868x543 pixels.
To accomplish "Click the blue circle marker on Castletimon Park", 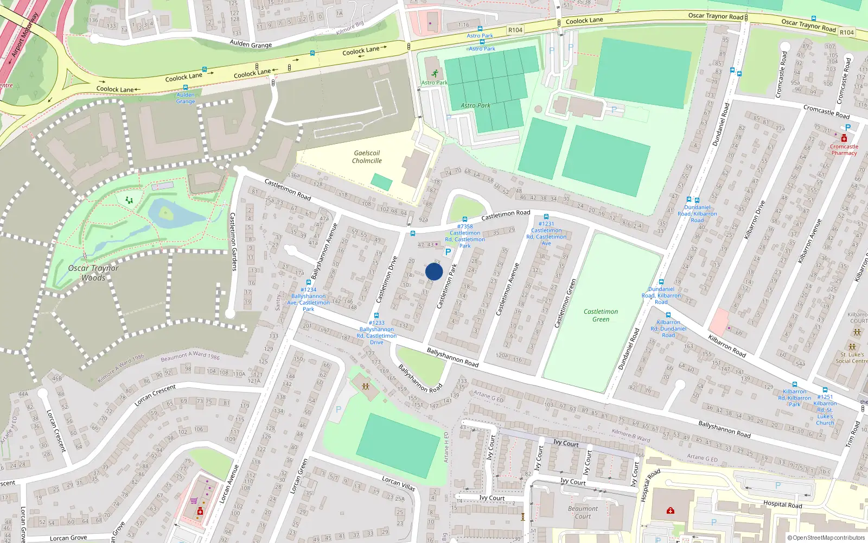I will [x=434, y=271].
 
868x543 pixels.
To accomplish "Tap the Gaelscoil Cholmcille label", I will [x=367, y=157].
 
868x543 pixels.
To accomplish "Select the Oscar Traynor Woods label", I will [x=93, y=273].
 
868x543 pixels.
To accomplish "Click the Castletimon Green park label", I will [x=601, y=315].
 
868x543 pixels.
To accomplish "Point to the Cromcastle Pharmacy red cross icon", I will [x=844, y=138].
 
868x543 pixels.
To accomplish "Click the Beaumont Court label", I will [x=583, y=513].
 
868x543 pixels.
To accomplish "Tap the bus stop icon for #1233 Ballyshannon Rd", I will [x=376, y=315].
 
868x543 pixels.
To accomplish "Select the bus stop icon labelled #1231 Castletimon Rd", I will [x=546, y=217].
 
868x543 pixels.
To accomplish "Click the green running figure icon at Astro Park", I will [x=435, y=73].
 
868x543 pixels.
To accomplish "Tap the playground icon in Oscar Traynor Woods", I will [x=129, y=200].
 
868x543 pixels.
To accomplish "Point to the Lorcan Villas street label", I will [x=399, y=483].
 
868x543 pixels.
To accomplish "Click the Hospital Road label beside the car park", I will [x=782, y=504].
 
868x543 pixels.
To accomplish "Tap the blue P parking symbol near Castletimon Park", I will [x=448, y=252].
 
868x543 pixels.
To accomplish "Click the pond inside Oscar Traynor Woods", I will [x=174, y=214].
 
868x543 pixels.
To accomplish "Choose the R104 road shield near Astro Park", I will [x=515, y=30].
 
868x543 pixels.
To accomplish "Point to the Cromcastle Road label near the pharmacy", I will [x=826, y=112].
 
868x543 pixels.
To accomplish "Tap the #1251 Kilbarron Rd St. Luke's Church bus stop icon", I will [x=825, y=390].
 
